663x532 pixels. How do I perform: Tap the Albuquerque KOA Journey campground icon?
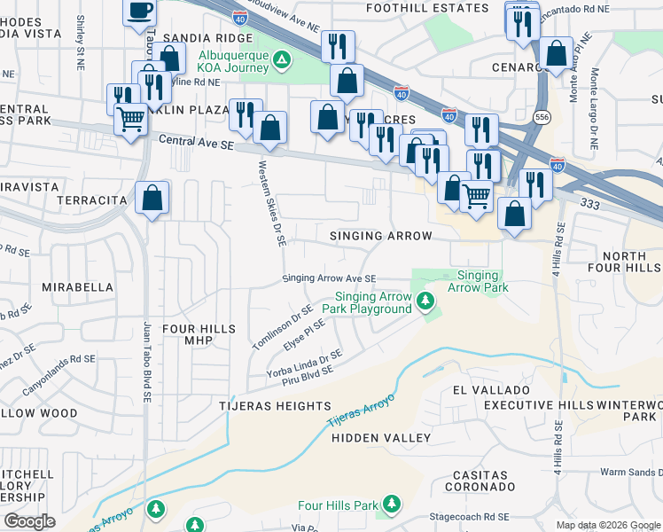click(282, 60)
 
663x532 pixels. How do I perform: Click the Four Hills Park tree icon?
click(391, 505)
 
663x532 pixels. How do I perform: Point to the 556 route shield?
click(540, 117)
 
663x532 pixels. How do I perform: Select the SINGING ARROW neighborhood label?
click(380, 236)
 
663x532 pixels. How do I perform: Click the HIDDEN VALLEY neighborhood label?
click(381, 438)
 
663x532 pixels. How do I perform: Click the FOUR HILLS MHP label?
click(199, 335)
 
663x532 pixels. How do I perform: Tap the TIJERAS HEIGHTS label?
click(276, 405)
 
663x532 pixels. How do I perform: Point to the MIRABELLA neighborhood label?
click(77, 287)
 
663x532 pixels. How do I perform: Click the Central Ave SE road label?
click(195, 141)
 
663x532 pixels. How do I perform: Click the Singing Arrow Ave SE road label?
click(330, 278)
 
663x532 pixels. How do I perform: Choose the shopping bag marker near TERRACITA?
click(152, 198)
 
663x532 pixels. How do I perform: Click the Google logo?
click(29, 521)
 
